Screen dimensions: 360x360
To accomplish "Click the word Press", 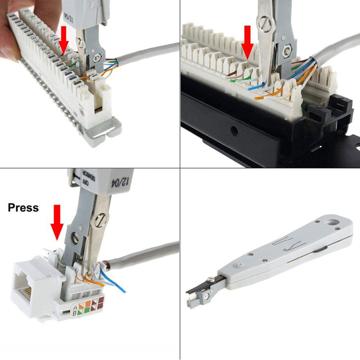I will (23, 208).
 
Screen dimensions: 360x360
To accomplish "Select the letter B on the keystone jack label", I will (75, 312).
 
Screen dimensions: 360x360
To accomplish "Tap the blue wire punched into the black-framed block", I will (256, 87).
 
